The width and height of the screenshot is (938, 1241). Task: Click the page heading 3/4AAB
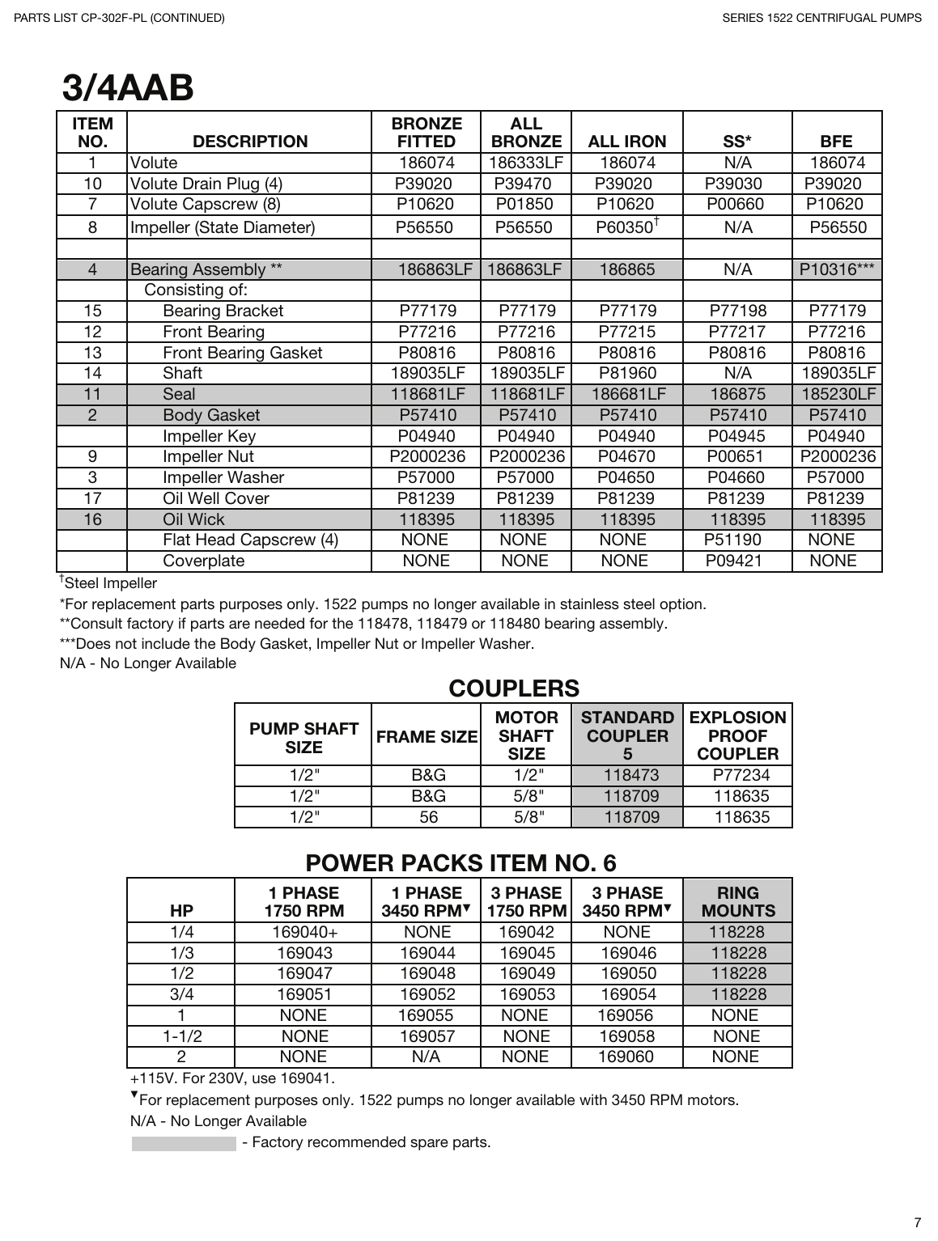point(128,88)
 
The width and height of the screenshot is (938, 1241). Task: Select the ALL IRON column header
point(626,142)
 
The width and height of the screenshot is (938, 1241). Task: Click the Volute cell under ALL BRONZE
point(525,163)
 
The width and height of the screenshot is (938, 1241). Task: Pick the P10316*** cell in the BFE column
point(836,269)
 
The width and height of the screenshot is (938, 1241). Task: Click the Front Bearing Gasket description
point(242,353)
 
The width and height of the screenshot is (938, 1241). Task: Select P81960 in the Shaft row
point(627,373)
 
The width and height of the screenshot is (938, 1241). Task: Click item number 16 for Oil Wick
point(92,519)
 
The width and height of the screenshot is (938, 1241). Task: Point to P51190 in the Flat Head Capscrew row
point(732,540)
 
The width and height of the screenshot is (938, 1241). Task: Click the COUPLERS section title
point(514,688)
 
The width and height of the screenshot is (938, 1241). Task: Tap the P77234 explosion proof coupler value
point(741,775)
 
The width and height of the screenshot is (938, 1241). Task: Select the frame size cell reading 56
point(428,817)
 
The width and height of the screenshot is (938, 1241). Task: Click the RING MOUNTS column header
point(737,902)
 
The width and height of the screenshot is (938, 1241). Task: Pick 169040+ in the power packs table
point(304,932)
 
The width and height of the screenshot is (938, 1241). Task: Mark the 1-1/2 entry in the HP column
point(182,1036)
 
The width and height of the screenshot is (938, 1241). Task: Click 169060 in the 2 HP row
point(626,1057)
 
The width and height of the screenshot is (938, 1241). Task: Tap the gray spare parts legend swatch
point(184,1143)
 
